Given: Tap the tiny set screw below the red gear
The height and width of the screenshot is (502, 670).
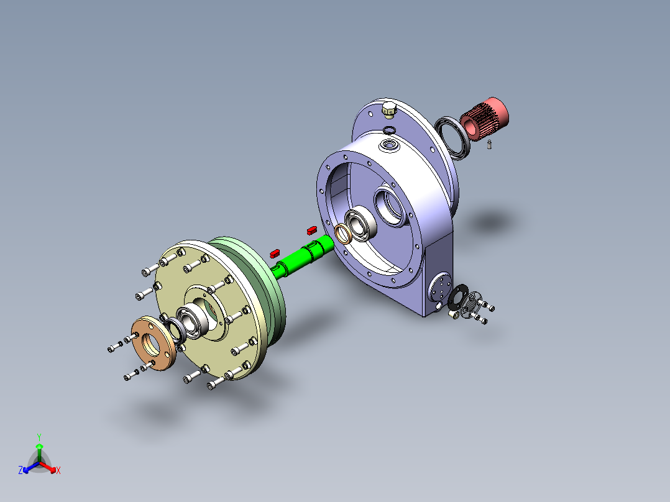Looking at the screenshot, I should (489, 145).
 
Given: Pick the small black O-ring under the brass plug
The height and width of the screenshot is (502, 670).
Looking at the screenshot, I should (388, 129).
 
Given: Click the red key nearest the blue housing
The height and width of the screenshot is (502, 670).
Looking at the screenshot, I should (311, 229).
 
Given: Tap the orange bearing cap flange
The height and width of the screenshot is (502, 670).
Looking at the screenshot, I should (153, 345).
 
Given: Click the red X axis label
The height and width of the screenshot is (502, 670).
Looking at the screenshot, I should (58, 471).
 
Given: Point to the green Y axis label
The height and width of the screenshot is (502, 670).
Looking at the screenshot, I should (39, 437).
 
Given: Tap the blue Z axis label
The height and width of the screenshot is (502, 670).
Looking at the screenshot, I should (21, 471).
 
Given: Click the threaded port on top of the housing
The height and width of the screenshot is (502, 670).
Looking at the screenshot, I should (390, 145).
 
